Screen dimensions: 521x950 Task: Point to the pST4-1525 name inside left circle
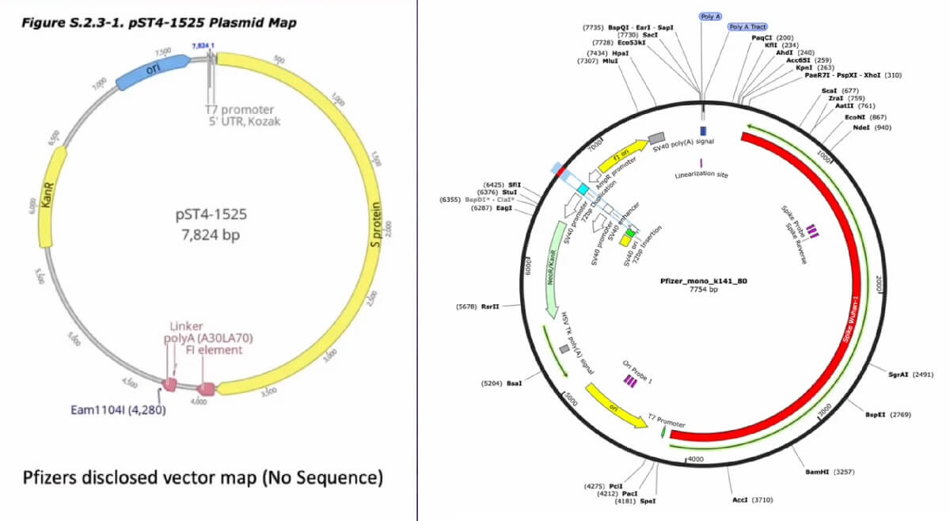click(x=208, y=215)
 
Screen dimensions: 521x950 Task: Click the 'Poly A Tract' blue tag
click(x=747, y=26)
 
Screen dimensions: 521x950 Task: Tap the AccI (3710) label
click(x=751, y=500)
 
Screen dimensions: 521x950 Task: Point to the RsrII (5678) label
click(x=478, y=306)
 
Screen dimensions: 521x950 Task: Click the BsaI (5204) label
click(x=502, y=383)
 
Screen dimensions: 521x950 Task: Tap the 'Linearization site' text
click(x=701, y=175)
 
